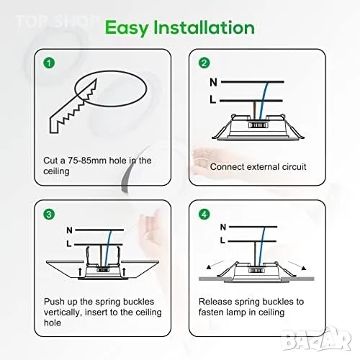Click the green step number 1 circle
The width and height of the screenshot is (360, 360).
pyautogui.click(x=49, y=63)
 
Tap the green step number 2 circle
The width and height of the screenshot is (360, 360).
pyautogui.click(x=204, y=63)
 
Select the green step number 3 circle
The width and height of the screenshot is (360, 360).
pyautogui.click(x=49, y=214)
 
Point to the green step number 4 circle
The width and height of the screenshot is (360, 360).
pyautogui.click(x=204, y=214)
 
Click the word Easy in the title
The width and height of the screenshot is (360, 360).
pyautogui.click(x=127, y=28)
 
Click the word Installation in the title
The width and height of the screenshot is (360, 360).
pyautogui.click(x=204, y=27)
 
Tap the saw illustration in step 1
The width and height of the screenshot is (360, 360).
pyautogui.click(x=73, y=106)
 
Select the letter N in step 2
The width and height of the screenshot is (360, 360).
pyautogui.click(x=213, y=82)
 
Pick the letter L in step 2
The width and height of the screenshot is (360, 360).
pyautogui.click(x=213, y=99)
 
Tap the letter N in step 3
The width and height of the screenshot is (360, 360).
pyautogui.click(x=69, y=230)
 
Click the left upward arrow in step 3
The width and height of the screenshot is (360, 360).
pyautogui.click(x=80, y=272)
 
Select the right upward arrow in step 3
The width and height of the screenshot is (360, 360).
pyautogui.click(x=124, y=272)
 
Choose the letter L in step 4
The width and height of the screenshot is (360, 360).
pyautogui.click(x=222, y=240)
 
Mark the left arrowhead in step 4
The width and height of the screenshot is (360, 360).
pyautogui.click(x=209, y=266)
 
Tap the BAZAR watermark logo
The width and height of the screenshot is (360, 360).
pyautogui.click(x=316, y=338)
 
